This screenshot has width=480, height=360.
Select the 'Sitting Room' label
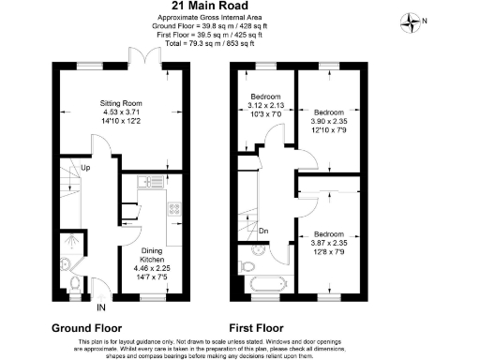[x=121, y=104]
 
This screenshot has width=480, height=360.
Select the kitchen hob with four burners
[x=172, y=210]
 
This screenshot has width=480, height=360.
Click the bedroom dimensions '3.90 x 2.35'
[x=330, y=120]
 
